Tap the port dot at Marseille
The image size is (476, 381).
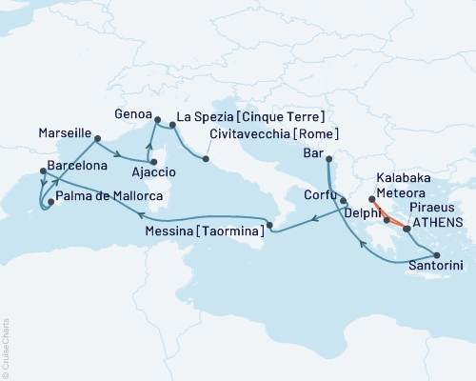click(97, 139)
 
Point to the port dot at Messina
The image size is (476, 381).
click(269, 226)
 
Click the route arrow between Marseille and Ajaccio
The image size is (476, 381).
click(116, 155)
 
